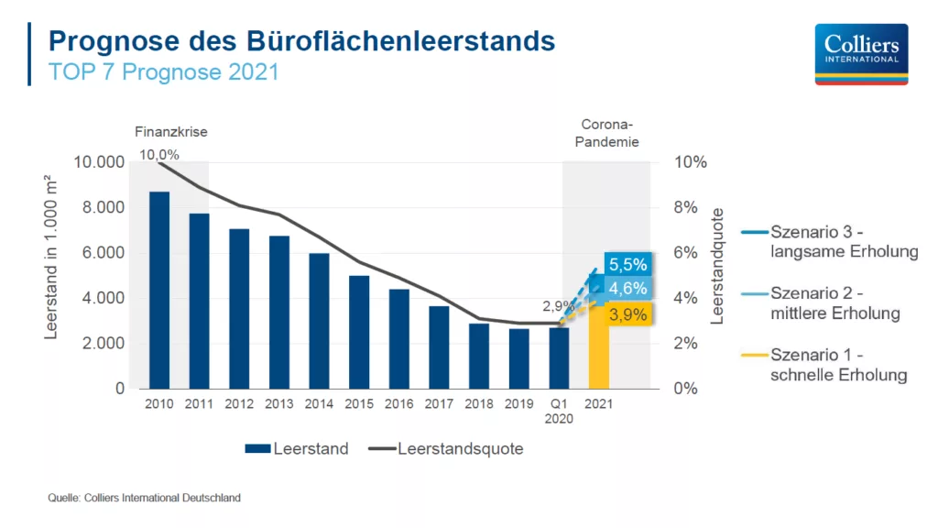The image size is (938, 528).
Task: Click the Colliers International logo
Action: (x=861, y=54)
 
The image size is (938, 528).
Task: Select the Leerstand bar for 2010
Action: (x=159, y=290)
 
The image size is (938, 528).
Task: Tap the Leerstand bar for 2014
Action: (x=319, y=321)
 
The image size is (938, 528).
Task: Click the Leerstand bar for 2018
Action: (x=479, y=356)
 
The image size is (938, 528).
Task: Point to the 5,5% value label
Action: (x=628, y=265)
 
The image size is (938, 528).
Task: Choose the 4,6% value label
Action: (x=628, y=289)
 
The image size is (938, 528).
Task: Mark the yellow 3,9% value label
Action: (x=628, y=314)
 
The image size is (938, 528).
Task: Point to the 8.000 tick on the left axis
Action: (x=99, y=207)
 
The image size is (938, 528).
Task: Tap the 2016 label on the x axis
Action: (x=399, y=403)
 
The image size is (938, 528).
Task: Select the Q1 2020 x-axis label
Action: (x=559, y=411)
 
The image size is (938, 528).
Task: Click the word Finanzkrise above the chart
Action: (x=171, y=132)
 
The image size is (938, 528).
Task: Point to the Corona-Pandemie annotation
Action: (x=609, y=133)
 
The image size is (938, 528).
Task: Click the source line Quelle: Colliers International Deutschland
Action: (x=144, y=498)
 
